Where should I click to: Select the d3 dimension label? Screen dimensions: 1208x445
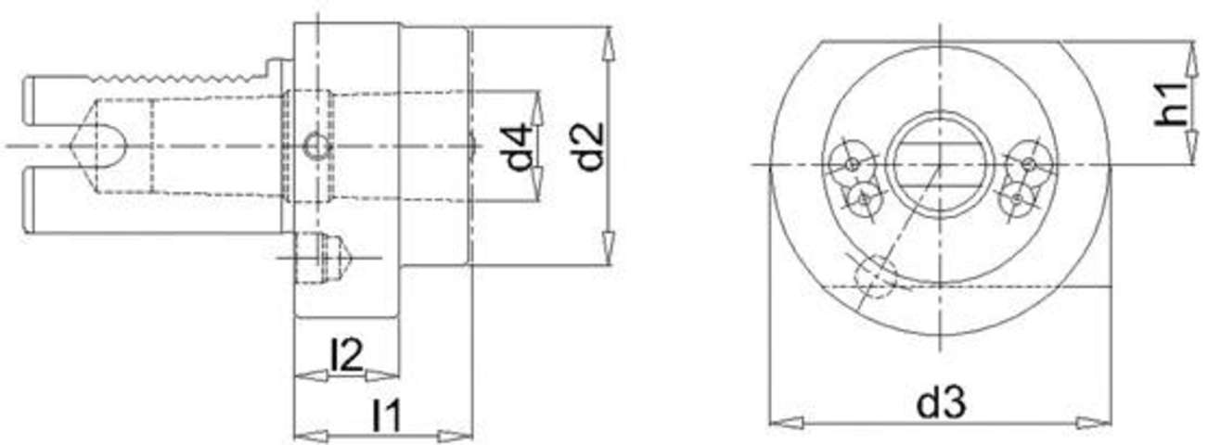941,401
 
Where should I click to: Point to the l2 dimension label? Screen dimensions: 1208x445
347,355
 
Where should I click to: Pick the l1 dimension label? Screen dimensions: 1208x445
387,414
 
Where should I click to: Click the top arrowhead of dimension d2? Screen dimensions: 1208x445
608,45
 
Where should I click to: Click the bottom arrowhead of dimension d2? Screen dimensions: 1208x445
608,248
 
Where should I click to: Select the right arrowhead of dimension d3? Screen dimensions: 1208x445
1094,422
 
